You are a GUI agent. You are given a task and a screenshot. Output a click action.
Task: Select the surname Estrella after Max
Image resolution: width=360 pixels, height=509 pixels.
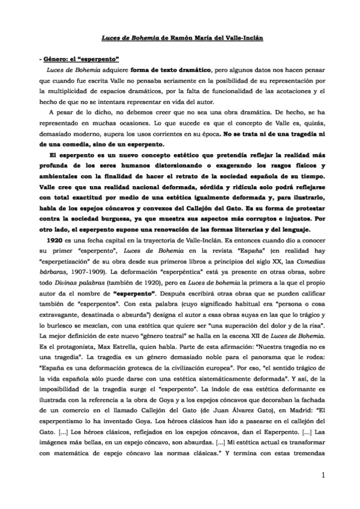125,352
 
